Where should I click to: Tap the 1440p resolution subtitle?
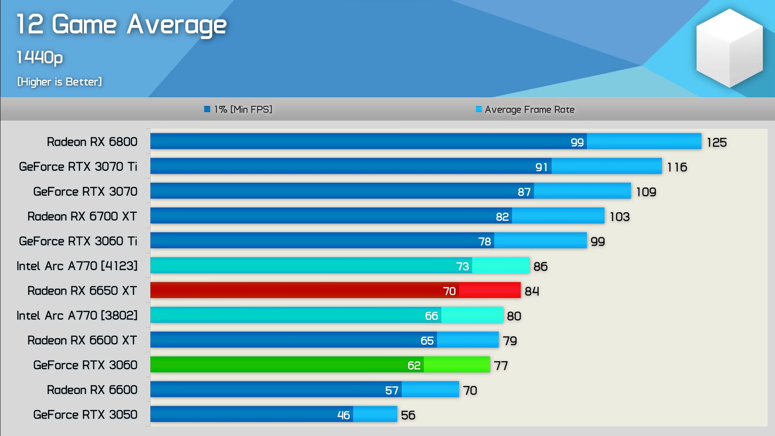point(40,57)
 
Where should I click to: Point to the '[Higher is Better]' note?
point(59,82)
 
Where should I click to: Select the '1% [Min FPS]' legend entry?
point(239,109)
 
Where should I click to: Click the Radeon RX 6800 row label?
point(92,142)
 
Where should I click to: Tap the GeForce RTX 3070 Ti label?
point(78,166)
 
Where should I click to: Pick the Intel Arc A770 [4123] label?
point(77,266)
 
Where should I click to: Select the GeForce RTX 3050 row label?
point(85,415)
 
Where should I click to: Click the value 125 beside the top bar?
point(716,142)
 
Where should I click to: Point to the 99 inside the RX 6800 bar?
point(577,142)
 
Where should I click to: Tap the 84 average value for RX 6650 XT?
point(532,291)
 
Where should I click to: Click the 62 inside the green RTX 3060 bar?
point(414,365)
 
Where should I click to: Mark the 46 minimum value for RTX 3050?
point(344,415)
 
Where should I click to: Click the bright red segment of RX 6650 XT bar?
point(490,290)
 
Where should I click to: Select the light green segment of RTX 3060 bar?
point(457,365)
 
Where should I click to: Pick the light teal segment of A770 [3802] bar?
point(472,315)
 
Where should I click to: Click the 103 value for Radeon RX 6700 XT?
point(620,217)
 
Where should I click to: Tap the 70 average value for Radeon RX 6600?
point(470,390)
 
